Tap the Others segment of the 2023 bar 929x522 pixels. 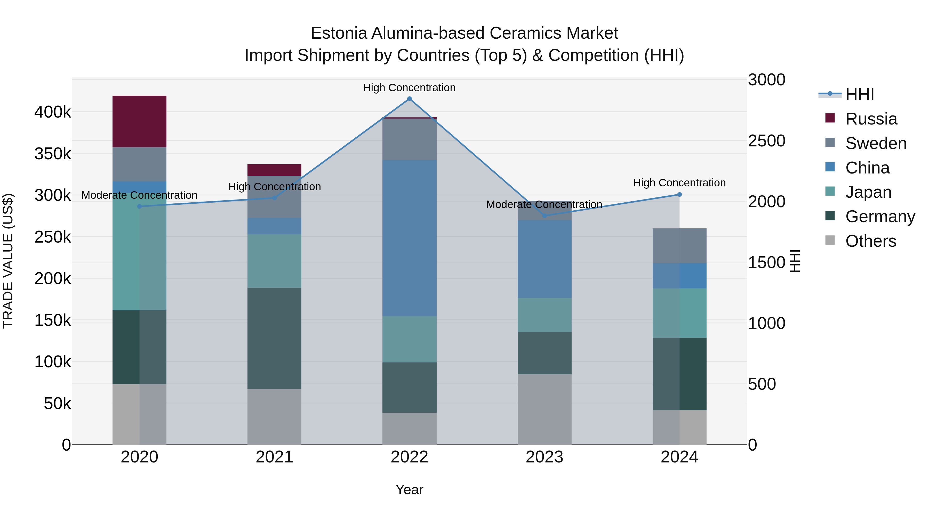coord(544,409)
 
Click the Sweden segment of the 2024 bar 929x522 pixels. coord(679,246)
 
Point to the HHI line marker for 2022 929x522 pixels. coord(409,99)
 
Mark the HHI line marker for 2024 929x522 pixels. coord(679,195)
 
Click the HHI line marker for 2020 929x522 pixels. coord(140,206)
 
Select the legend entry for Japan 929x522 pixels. coord(868,192)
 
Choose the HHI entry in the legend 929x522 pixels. coord(859,94)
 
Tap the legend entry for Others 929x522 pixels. coord(870,241)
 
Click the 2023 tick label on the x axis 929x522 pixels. coord(544,457)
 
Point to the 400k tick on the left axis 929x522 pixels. coord(53,112)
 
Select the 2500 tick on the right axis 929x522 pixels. coord(766,141)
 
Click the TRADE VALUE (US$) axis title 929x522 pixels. coord(8,261)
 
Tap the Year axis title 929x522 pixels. coord(409,490)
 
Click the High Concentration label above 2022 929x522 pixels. coord(409,88)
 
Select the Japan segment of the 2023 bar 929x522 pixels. coord(544,315)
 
